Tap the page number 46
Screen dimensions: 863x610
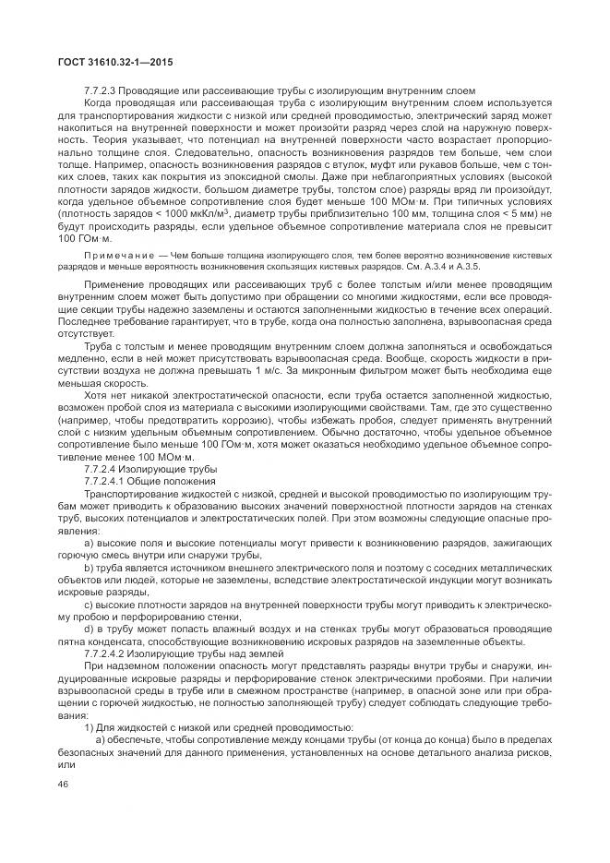[65, 785]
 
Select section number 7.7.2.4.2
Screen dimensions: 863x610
[109, 652]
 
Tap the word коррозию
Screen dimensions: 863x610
[225, 419]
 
